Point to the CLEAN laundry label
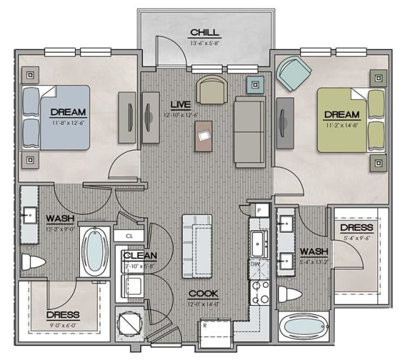tap(140, 255)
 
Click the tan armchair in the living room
tap(211, 90)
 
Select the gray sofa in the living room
tap(249, 132)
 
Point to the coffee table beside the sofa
tap(204, 135)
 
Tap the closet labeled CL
tap(129, 236)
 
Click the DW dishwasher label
tap(255, 265)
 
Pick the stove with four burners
tap(260, 293)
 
